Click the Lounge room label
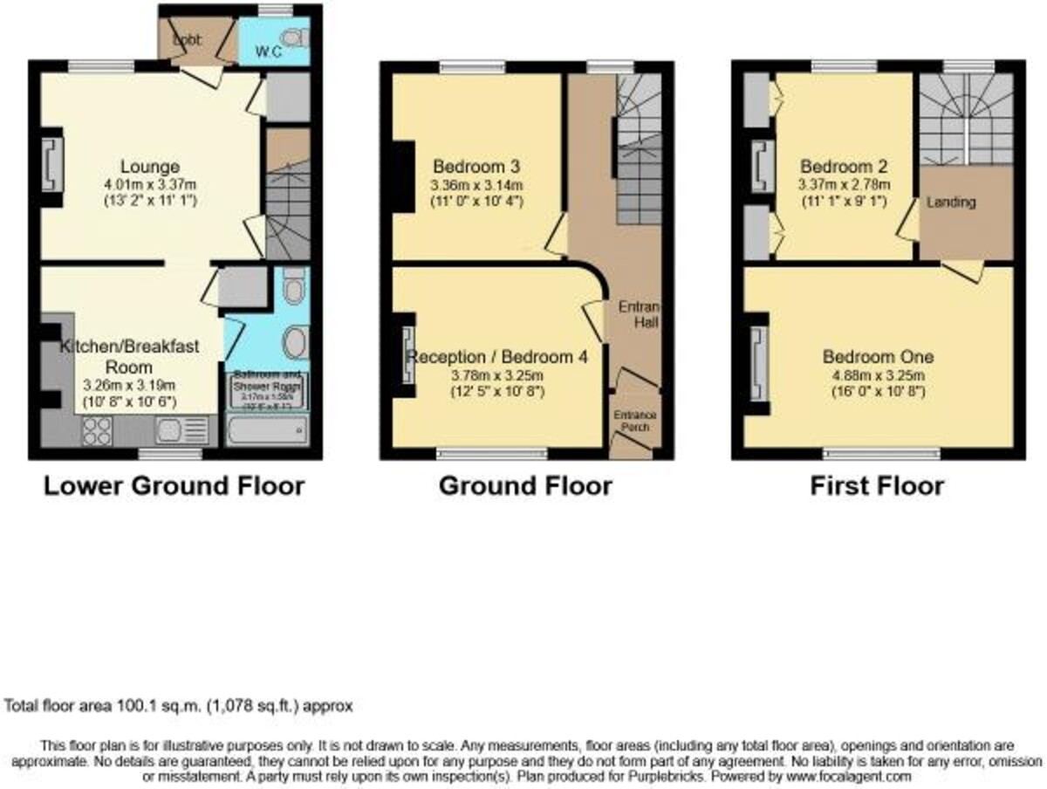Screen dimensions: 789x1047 [150, 167]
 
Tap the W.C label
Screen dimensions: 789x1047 [267, 51]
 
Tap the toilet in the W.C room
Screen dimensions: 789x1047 [297, 38]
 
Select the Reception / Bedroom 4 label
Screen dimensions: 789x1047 [497, 357]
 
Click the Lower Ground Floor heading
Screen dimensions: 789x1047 [174, 486]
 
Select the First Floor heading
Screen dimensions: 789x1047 [877, 486]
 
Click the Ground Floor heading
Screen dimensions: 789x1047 [525, 486]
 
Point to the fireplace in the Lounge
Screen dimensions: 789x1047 [50, 165]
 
